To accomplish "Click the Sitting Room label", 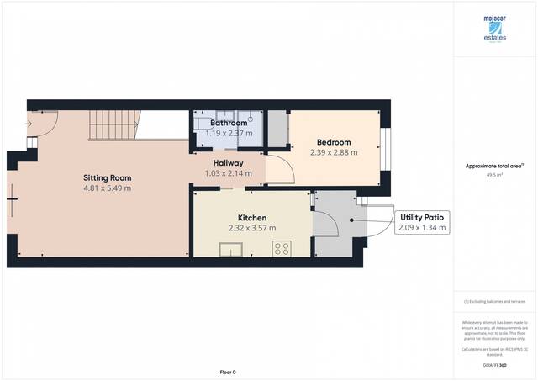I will click(107, 177).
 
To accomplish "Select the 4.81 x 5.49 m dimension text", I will click(107, 188).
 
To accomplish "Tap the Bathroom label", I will click(229, 123).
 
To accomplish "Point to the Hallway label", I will click(228, 162).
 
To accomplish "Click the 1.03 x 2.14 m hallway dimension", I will click(228, 173).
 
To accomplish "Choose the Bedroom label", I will click(334, 142).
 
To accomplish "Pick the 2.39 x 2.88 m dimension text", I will click(334, 153).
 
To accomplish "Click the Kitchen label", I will click(252, 217).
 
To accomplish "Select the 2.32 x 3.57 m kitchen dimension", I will click(252, 228).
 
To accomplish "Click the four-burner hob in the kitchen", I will click(282, 248).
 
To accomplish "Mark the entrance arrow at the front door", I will click(29, 125).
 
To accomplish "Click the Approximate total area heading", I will click(495, 167).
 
